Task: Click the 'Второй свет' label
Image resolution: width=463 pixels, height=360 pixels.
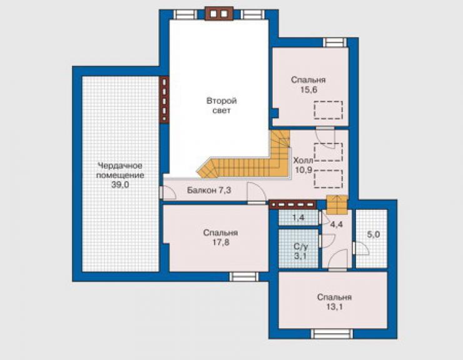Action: click(x=221, y=106)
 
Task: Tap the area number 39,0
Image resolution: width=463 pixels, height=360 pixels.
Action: click(x=120, y=185)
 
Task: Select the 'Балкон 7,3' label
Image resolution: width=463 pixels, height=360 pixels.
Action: click(x=209, y=190)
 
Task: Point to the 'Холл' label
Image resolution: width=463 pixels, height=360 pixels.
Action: click(x=303, y=160)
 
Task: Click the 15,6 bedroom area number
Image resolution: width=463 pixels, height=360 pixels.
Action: click(x=309, y=90)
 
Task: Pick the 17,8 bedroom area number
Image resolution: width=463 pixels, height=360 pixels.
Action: click(x=221, y=242)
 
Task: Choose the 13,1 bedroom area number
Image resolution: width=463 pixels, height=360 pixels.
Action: click(x=334, y=307)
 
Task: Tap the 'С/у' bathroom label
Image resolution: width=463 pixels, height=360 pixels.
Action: click(x=300, y=246)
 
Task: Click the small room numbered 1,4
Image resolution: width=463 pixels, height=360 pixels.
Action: click(x=298, y=217)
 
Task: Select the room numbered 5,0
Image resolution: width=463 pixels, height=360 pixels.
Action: click(x=372, y=239)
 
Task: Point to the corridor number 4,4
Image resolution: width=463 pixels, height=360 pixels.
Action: click(x=337, y=225)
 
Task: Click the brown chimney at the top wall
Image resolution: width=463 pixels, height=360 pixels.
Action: click(x=219, y=14)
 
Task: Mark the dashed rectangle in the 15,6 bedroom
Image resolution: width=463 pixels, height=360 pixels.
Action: click(x=328, y=110)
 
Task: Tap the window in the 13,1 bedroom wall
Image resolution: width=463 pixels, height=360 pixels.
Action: click(x=332, y=334)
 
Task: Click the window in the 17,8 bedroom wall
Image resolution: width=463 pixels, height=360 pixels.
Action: click(x=244, y=277)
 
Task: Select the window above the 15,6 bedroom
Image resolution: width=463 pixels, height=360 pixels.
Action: click(x=335, y=43)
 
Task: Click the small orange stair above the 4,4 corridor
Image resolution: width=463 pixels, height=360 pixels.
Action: click(x=337, y=205)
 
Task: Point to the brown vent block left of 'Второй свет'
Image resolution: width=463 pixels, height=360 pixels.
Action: click(x=164, y=100)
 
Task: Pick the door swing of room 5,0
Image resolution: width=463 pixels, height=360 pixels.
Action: click(x=362, y=249)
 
